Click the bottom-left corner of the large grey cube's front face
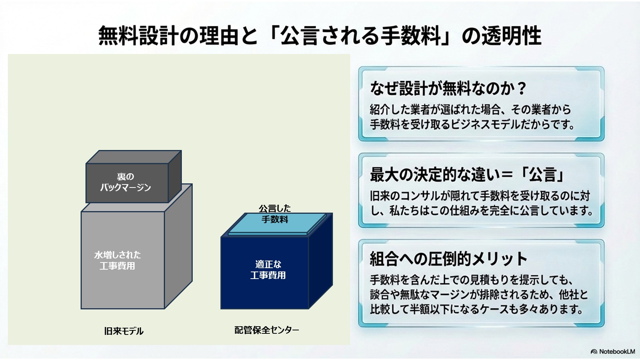point(81,309)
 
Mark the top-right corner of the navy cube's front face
point(309,237)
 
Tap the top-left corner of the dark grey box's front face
point(86,164)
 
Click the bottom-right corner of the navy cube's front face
point(309,309)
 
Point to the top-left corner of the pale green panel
point(8,54)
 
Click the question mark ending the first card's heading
point(522,88)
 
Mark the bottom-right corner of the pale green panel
point(350,345)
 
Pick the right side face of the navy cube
point(321,261)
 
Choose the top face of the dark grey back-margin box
point(134,157)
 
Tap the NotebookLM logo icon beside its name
point(594,352)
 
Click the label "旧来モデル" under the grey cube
point(124,331)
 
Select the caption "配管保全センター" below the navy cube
point(267,330)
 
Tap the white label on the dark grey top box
point(126,182)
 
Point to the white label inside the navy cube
point(268,269)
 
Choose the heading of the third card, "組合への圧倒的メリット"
point(448,259)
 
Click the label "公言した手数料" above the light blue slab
point(275,214)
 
